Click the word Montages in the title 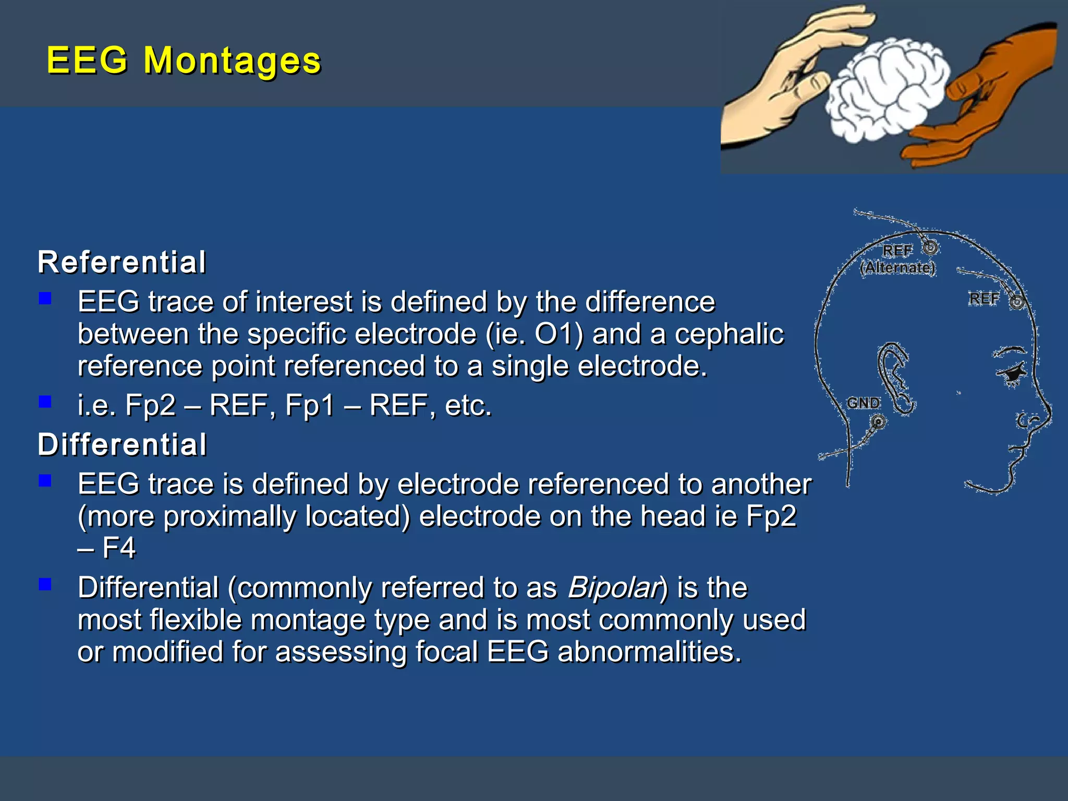pos(232,60)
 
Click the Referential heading pos(122,262)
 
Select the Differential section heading pos(122,445)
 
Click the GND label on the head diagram pos(863,403)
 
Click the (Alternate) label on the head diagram pos(897,268)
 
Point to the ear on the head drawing pos(896,378)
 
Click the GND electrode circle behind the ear pos(879,421)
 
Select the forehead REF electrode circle pos(1017,301)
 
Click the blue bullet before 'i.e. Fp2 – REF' pos(45,402)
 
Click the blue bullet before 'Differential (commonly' pos(45,584)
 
